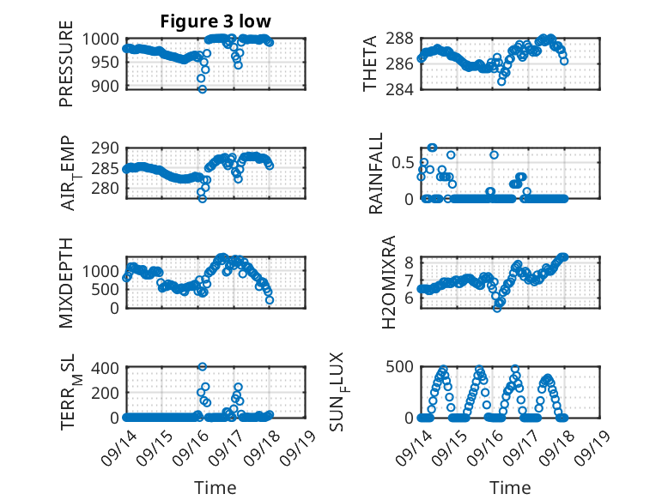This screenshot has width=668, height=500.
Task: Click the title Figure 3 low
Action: click(x=216, y=22)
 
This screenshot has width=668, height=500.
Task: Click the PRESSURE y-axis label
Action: click(x=66, y=69)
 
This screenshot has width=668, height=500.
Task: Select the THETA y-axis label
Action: click(x=370, y=64)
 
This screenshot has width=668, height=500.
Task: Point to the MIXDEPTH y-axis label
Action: click(x=66, y=281)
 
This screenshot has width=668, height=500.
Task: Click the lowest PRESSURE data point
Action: click(x=203, y=88)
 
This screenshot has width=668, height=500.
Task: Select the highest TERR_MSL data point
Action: click(x=203, y=367)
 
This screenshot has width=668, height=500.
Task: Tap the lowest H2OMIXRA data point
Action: click(x=496, y=307)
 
